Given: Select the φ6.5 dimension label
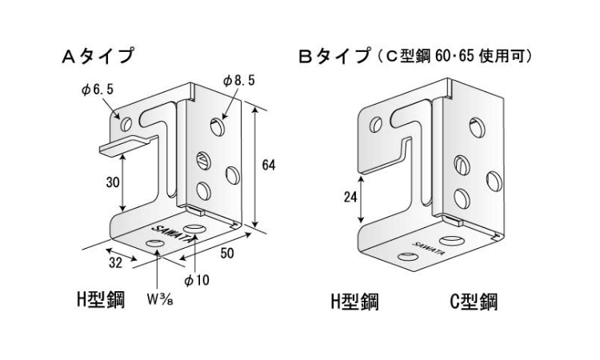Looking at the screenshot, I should tap(98, 90).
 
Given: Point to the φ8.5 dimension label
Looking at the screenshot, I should tap(238, 81).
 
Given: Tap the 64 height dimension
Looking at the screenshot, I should tap(268, 165).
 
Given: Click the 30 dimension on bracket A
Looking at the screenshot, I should tap(112, 182).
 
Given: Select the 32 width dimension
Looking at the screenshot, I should tap(116, 262).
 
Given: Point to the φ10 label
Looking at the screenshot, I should tap(195, 281).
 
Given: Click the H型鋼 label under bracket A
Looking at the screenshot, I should tap(99, 301).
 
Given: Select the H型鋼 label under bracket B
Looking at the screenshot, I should tap(354, 302).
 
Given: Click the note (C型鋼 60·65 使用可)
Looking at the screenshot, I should tap(453, 58).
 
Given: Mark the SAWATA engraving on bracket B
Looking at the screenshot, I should tap(426, 246).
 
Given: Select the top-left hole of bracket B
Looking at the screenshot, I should tap(377, 124).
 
